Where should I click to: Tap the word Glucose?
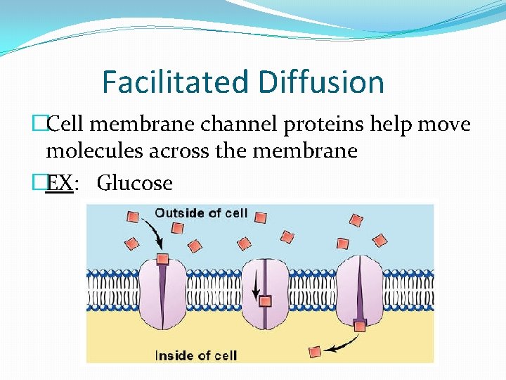[134, 184]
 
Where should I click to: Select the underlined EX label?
[58, 184]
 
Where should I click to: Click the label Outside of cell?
[201, 213]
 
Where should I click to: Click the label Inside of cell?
[195, 354]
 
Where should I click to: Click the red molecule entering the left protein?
[163, 258]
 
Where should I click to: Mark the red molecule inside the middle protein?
[266, 301]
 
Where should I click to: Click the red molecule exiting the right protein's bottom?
[360, 325]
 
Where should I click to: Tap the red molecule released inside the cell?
[316, 350]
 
